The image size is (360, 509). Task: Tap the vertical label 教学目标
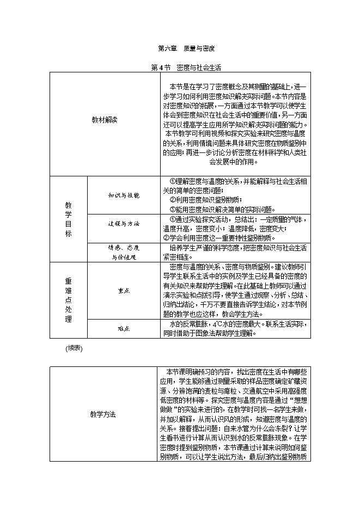[x=68, y=219]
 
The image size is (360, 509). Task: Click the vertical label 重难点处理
[x=68, y=300]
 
